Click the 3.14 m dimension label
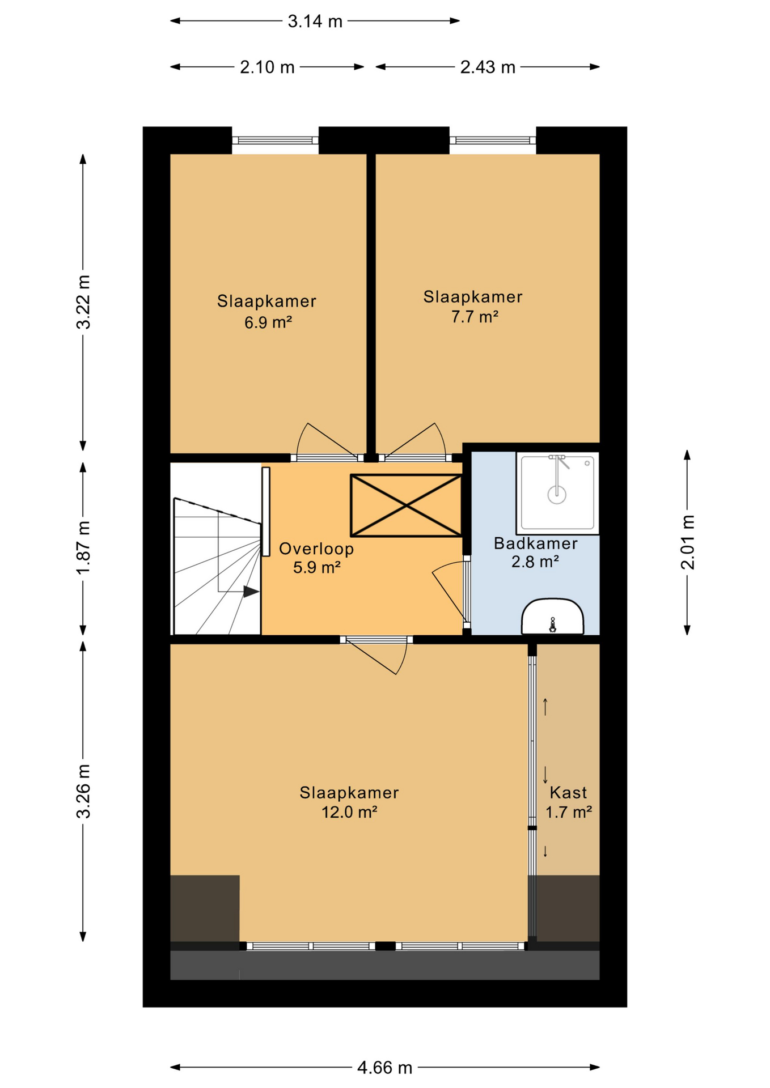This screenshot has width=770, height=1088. [315, 22]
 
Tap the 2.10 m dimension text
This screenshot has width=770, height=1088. [267, 67]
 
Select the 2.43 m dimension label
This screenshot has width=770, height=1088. [488, 67]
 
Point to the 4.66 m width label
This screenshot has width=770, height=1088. [384, 1068]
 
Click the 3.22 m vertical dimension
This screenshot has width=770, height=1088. [84, 302]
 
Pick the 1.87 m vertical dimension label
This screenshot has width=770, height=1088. [84, 547]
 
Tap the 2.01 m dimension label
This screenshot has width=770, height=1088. [688, 542]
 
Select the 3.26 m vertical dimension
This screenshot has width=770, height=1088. [84, 792]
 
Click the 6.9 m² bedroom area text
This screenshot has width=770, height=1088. [268, 322]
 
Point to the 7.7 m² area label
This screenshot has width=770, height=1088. [475, 317]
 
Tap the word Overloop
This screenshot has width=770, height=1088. [316, 549]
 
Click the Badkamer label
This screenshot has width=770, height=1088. [535, 543]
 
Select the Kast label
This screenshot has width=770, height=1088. [568, 792]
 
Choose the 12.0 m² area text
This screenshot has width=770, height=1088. [349, 812]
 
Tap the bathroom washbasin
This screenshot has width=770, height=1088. [553, 617]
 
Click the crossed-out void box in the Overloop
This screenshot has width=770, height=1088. [406, 505]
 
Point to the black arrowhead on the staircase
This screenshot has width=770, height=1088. [251, 592]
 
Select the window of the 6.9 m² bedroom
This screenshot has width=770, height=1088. [275, 141]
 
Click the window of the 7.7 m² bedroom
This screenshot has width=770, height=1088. [493, 141]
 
